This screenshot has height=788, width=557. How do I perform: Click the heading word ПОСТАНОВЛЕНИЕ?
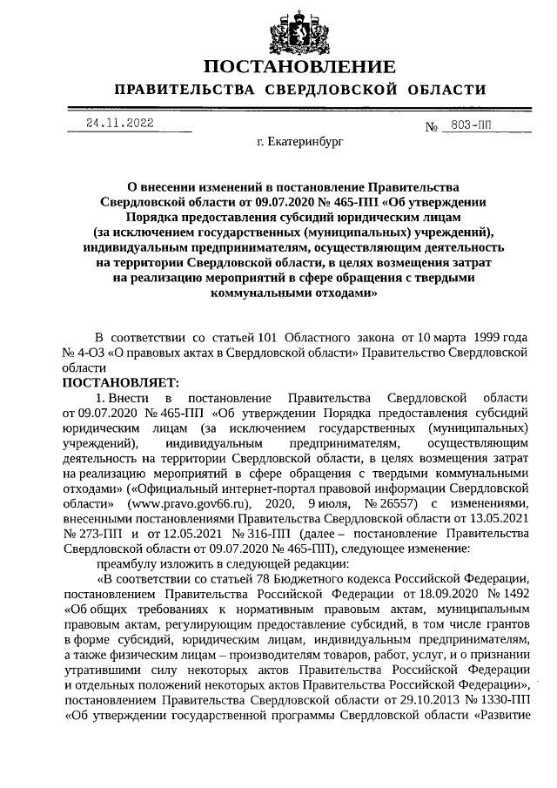coord(299,67)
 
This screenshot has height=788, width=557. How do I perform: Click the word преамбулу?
coord(128,563)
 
